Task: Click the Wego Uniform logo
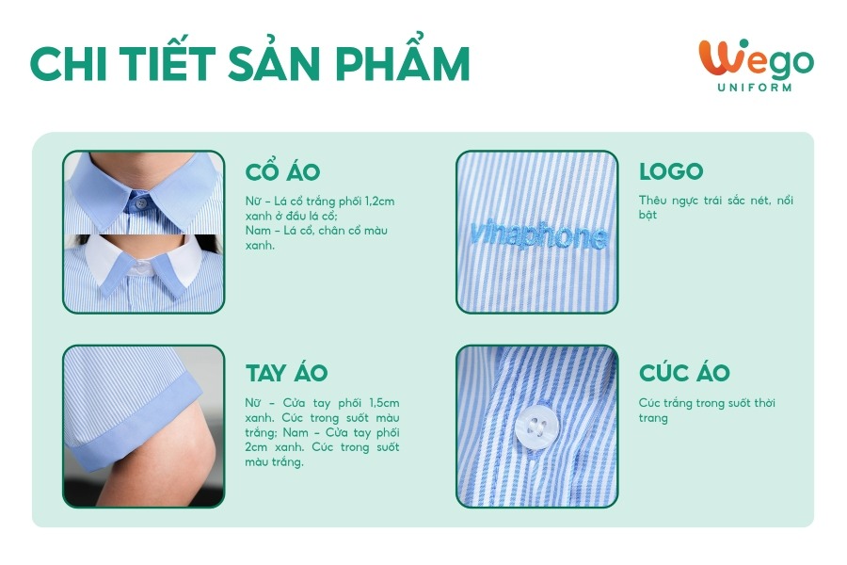(x=756, y=65)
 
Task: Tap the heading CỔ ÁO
(x=282, y=172)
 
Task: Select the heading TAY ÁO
(x=287, y=373)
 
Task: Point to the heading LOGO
(x=671, y=172)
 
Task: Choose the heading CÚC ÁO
(x=684, y=372)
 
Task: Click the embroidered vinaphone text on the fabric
(x=538, y=235)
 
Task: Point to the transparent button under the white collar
(x=141, y=266)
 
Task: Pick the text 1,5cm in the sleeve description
(x=385, y=403)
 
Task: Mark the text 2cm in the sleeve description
(x=256, y=447)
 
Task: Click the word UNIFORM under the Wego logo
(x=755, y=87)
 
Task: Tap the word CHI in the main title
(x=69, y=63)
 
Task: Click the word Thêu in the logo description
(x=652, y=200)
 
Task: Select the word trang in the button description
(x=653, y=418)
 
